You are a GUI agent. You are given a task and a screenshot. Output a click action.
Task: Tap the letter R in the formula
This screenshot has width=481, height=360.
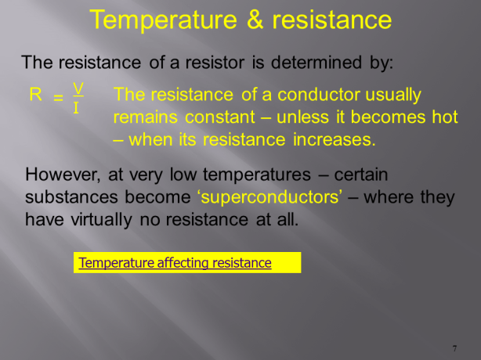(35, 95)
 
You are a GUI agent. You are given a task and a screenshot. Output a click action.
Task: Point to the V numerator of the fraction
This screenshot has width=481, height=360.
(78, 87)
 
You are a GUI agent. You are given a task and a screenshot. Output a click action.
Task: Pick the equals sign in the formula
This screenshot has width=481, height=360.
(58, 98)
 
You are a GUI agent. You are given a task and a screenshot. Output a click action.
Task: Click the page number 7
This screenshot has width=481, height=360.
(454, 347)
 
